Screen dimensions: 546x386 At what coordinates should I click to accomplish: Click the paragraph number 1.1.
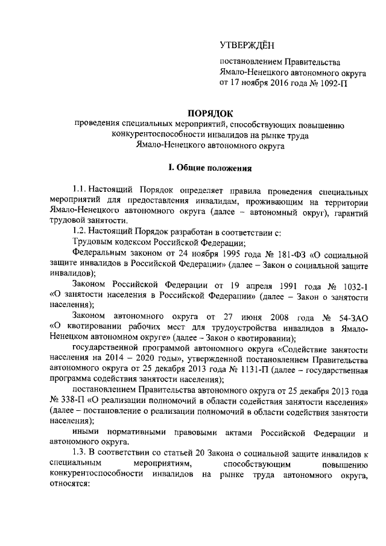pos(81,189)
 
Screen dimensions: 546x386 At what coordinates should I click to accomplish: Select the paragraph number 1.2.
pos(80,230)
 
